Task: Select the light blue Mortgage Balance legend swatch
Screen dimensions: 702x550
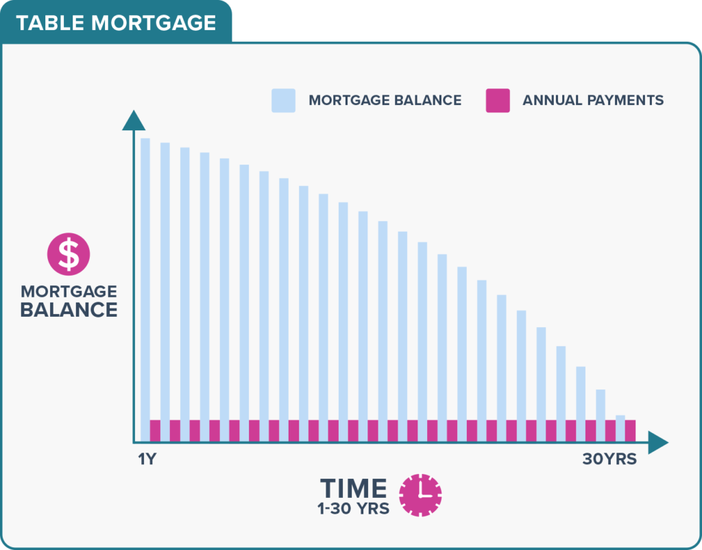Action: coord(283,100)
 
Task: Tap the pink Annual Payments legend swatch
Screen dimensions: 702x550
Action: coord(498,100)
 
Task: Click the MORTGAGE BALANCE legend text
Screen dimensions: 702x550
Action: coord(385,100)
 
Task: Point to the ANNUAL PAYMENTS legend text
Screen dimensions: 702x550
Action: coord(593,100)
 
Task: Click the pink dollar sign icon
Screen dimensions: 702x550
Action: coord(69,254)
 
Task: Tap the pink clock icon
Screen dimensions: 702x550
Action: coord(420,495)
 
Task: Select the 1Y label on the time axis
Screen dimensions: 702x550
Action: coord(147,459)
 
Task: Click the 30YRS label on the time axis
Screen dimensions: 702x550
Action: coord(609,459)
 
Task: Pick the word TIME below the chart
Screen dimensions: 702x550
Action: coord(354,488)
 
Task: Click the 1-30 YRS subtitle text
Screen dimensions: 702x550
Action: coord(354,509)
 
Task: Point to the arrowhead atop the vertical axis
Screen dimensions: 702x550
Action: coord(134,120)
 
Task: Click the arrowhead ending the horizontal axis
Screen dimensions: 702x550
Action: coord(658,442)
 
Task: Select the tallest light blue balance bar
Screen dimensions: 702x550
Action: coord(145,290)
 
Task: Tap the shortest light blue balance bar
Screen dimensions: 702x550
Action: coord(620,429)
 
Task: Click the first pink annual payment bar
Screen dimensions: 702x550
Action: coord(155,431)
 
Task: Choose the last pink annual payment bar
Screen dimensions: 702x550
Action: coord(631,431)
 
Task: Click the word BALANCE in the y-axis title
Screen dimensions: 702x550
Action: coord(69,310)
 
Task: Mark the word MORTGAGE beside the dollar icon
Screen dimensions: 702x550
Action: coord(69,291)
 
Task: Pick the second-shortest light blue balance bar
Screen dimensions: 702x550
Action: coord(601,416)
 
